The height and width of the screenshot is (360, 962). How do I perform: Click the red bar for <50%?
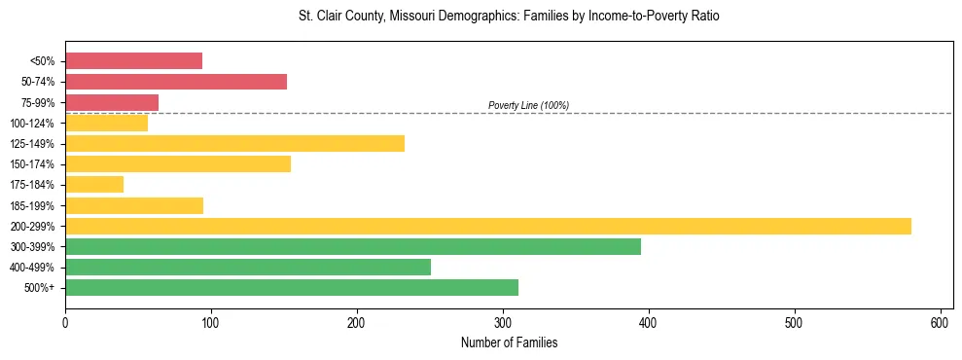point(133,61)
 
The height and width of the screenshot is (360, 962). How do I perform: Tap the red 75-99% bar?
point(112,102)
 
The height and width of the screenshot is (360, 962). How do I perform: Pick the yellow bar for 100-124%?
point(106,123)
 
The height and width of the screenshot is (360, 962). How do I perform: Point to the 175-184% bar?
point(94,184)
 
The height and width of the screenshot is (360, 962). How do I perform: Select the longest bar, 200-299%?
point(487,226)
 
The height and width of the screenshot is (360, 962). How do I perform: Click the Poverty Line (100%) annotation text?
point(528,105)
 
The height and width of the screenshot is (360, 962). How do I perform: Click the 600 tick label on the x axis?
point(941,322)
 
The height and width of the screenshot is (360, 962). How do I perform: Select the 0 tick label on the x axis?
point(65,322)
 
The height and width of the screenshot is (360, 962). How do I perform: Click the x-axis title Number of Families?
point(509,342)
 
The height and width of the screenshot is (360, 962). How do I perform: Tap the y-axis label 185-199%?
point(37,205)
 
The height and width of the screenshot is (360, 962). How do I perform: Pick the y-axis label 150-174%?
point(37,164)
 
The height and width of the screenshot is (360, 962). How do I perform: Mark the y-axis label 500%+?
point(43,288)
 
